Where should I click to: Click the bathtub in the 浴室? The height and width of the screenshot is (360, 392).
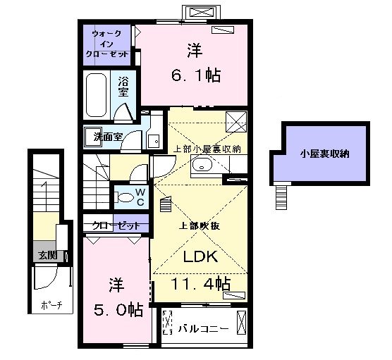pos(96,95)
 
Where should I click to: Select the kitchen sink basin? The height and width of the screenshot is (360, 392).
pos(202,165)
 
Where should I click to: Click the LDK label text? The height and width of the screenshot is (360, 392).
pos(200,256)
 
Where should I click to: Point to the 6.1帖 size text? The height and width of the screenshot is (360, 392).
pos(196,75)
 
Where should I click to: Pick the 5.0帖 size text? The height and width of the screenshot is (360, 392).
pos(118,310)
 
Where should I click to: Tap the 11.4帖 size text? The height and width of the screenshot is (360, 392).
pos(200,283)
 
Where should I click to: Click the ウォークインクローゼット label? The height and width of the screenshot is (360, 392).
pos(107,44)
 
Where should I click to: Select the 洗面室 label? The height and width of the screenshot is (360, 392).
pos(108,137)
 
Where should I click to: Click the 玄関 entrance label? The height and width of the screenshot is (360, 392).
pos(47,255)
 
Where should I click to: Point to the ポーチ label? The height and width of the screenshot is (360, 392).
pos(51,305)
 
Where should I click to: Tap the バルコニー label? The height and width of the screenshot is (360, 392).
pos(203,328)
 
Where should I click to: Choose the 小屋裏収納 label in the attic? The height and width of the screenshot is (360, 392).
pos(325,154)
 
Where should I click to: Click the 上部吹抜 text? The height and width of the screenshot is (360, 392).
pos(200,226)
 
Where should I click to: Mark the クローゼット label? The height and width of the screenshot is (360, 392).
pos(116,226)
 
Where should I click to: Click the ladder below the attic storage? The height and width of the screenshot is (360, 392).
pos(281,197)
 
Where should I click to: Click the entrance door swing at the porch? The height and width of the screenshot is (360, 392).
pos(46,278)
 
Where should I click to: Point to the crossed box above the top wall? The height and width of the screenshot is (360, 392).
pos(201,12)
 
